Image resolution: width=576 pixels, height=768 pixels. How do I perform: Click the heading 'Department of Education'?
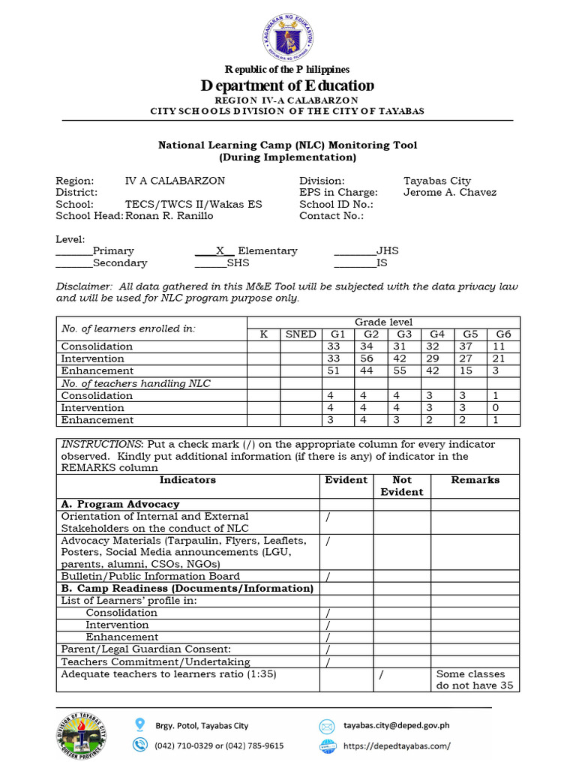pos(287,85)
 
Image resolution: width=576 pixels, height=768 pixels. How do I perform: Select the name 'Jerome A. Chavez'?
pos(449,193)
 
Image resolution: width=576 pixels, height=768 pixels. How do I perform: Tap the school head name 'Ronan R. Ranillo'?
pos(169,216)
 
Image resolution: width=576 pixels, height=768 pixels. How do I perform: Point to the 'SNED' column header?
pos(300,334)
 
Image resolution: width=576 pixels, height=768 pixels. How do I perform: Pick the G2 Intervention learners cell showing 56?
pos(370,358)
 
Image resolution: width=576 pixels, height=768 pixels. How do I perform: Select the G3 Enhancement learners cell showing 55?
pos(403,370)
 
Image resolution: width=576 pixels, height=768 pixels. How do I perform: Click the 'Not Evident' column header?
pos(401,486)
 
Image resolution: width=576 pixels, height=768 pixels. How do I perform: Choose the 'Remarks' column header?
pos(475,480)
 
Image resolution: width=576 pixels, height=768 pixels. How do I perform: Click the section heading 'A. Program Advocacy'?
pos(120,505)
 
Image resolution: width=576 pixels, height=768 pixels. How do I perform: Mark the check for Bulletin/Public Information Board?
pos(328,577)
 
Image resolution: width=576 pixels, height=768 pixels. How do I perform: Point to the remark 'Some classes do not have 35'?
pos(474,680)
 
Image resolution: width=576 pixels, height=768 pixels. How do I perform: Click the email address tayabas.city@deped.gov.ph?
pos(396,725)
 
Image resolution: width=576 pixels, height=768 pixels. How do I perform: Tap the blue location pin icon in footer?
pos(139,724)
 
